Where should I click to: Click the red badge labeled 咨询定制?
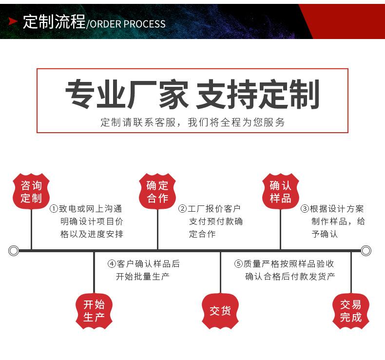pyautogui.click(x=31, y=191)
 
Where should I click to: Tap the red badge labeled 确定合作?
pyautogui.click(x=157, y=191)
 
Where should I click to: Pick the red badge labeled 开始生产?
pyautogui.click(x=94, y=311)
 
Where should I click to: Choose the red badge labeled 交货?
pyautogui.click(x=220, y=311)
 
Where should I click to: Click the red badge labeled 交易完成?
pyautogui.click(x=351, y=311)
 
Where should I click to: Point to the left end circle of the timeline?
pyautogui.click(x=14, y=251)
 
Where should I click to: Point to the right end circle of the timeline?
pyautogui.click(x=366, y=251)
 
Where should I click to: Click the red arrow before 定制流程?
pyautogui.click(x=13, y=22)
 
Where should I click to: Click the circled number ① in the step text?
pyautogui.click(x=54, y=209)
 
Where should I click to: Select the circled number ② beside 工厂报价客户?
pyautogui.click(x=183, y=209)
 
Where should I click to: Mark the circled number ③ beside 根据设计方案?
pyautogui.click(x=305, y=209)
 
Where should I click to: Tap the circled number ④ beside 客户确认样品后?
pyautogui.click(x=112, y=264)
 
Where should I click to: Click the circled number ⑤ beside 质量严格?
pyautogui.click(x=238, y=264)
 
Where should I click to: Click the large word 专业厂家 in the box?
pyautogui.click(x=127, y=94)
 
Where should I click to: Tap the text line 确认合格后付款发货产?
pyautogui.click(x=290, y=277)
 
